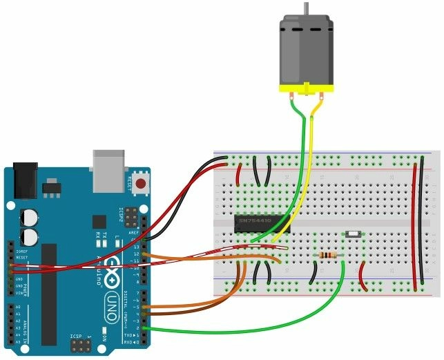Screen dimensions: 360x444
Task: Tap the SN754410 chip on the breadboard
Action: pos(262,222)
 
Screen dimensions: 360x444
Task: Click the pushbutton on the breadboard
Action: pos(351,236)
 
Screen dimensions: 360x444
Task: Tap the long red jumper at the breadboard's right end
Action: pos(414,221)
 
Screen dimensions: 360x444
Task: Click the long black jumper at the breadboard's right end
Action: pos(421,221)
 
